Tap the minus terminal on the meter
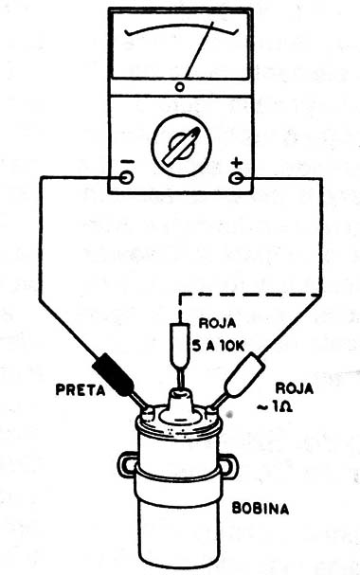click(x=127, y=175)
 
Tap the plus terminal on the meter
click(x=237, y=175)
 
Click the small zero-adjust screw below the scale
click(x=180, y=87)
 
